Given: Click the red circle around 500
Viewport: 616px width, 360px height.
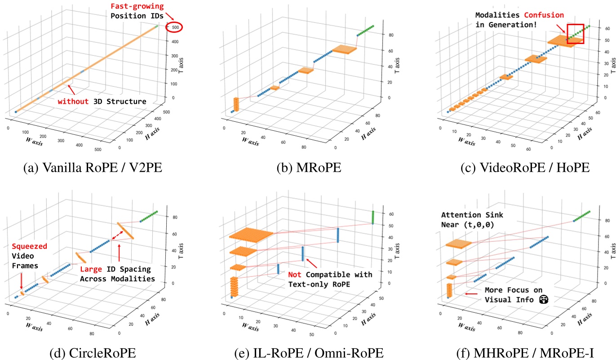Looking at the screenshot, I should pos(174,27).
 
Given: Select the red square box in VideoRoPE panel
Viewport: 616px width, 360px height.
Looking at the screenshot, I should pos(576,34).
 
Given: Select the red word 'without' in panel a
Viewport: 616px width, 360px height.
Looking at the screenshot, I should pos(73,102).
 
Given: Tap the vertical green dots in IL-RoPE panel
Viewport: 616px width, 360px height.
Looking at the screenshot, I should pos(372,218).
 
